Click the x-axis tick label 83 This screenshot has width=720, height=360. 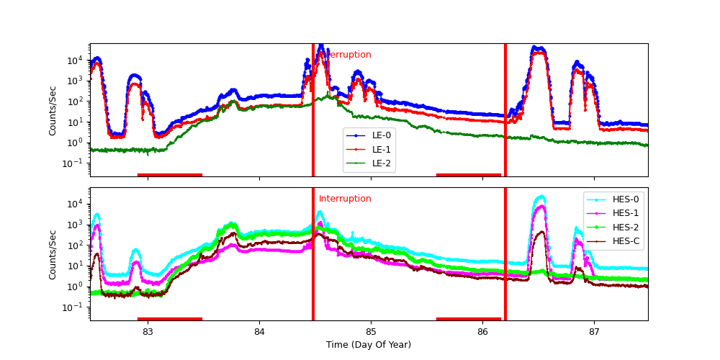[148, 331]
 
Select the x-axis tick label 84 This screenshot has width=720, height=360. [259, 331]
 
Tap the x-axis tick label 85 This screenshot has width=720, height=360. [371, 331]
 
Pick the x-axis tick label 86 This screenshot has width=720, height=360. [482, 331]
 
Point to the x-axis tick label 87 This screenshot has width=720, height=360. [594, 331]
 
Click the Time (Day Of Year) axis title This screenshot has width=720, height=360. [369, 345]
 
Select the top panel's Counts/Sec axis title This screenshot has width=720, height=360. [53, 110]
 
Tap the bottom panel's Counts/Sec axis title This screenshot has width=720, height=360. [53, 254]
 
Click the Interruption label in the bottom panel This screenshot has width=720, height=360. [345, 199]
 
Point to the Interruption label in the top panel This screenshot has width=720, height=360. [348, 55]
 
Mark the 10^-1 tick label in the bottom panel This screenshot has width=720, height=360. [76, 307]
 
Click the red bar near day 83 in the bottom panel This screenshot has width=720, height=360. [170, 318]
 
